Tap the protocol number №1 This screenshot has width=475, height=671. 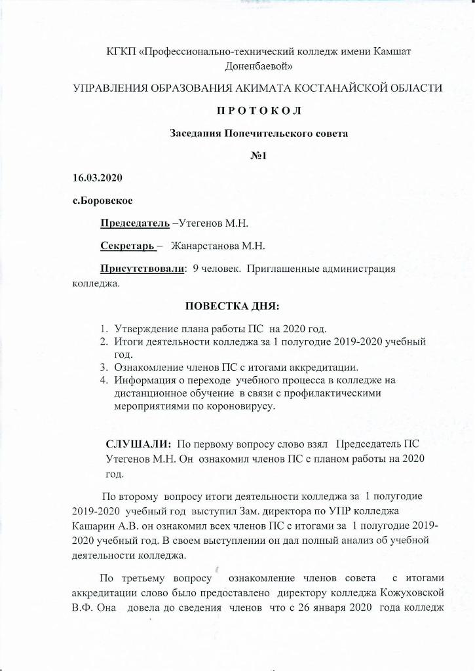(x=252, y=155)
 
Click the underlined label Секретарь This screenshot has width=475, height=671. (x=127, y=246)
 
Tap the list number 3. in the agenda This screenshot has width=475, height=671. (x=104, y=366)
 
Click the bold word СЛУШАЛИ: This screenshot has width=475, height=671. (x=134, y=444)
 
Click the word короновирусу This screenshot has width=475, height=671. (x=238, y=406)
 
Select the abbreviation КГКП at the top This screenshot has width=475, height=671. (x=121, y=52)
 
